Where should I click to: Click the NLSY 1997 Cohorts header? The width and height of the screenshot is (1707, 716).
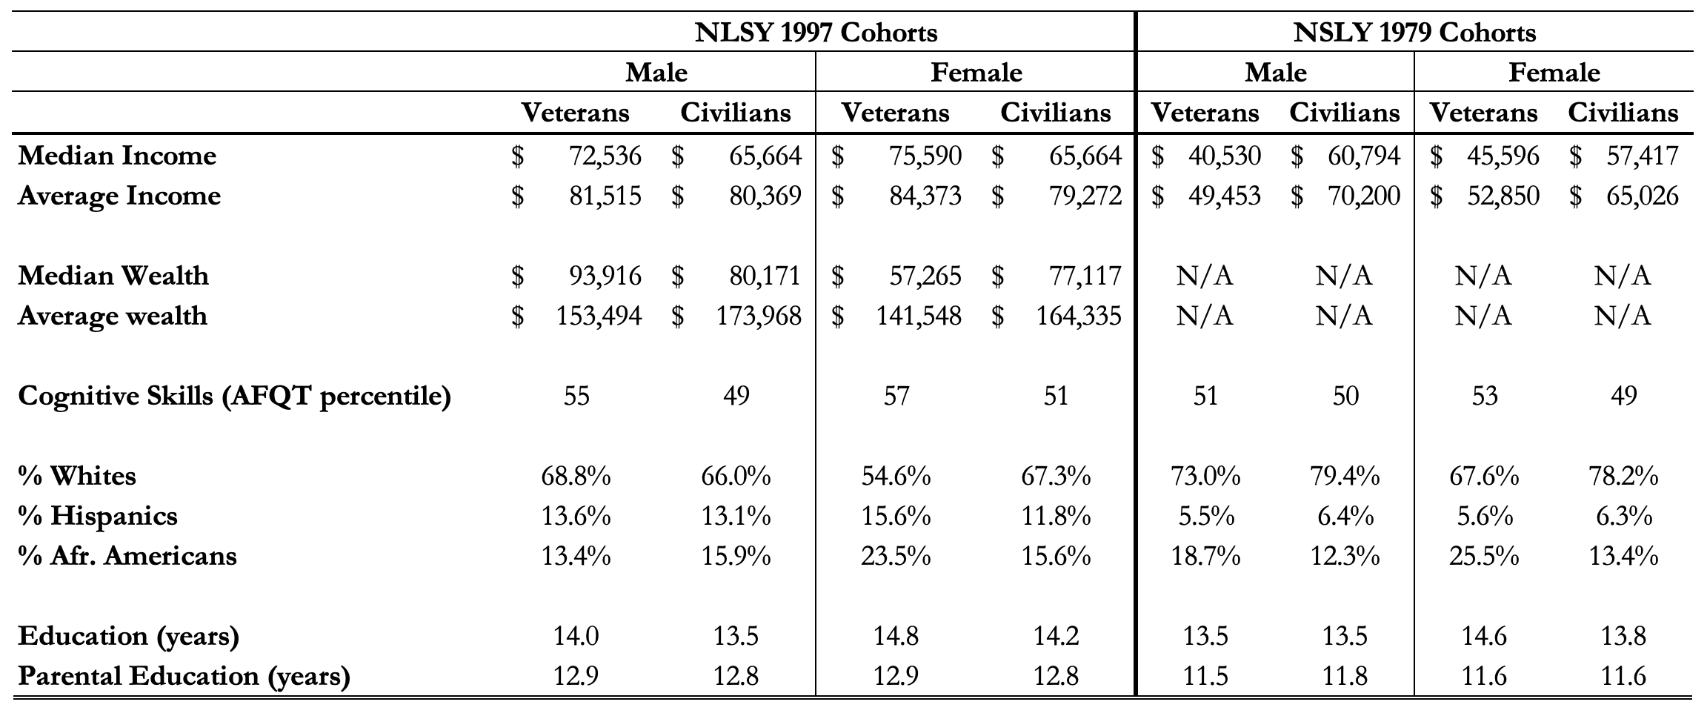click(x=816, y=33)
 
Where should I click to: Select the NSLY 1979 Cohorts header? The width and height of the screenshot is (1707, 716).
click(x=1414, y=33)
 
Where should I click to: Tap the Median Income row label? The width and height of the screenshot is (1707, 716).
click(x=117, y=156)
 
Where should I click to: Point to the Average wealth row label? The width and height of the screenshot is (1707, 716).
click(x=112, y=316)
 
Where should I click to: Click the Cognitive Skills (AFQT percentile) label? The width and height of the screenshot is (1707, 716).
click(x=234, y=396)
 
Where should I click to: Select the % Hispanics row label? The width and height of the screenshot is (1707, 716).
click(x=98, y=516)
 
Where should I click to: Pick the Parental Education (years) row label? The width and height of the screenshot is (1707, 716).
click(x=184, y=676)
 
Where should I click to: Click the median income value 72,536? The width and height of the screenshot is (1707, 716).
click(x=605, y=156)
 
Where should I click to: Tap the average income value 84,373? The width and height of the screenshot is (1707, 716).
click(x=925, y=196)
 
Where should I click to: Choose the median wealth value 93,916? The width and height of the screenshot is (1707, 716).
click(x=605, y=276)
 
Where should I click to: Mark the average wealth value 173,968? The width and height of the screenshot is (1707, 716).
click(x=759, y=316)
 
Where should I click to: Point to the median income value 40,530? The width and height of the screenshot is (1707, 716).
click(x=1224, y=156)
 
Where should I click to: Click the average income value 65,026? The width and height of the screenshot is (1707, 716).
click(x=1642, y=196)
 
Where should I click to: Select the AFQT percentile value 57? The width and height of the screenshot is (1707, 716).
click(x=896, y=396)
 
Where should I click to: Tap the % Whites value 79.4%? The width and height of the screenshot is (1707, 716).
click(x=1345, y=476)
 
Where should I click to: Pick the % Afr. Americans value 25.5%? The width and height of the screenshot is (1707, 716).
click(x=1484, y=556)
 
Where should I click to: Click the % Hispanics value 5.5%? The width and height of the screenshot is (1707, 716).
click(x=1205, y=516)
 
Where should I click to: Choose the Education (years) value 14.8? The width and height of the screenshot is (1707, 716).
click(x=896, y=636)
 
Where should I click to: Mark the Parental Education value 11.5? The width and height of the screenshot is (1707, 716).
click(x=1205, y=676)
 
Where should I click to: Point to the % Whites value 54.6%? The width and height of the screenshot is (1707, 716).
click(x=896, y=476)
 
